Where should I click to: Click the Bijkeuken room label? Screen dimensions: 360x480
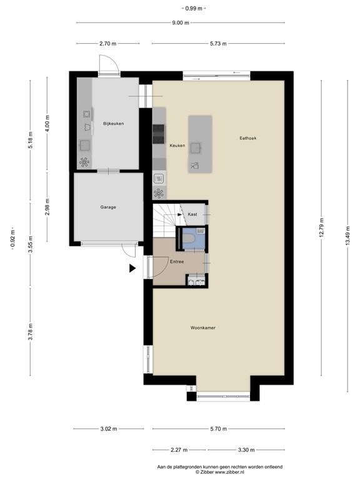(114, 124)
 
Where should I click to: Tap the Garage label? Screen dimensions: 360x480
(108, 207)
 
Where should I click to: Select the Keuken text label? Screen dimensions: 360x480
(177, 146)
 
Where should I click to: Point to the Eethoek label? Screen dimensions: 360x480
(248, 138)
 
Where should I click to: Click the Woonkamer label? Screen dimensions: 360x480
(203, 328)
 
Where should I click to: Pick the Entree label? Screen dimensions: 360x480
(177, 262)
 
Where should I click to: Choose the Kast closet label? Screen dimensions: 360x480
(192, 214)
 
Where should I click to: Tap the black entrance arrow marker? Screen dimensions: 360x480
(132, 269)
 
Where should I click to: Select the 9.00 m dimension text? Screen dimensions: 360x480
(180, 22)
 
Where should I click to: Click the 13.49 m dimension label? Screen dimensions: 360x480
(347, 236)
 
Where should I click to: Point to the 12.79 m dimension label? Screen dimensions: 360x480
(321, 227)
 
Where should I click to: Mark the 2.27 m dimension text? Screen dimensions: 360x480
(179, 450)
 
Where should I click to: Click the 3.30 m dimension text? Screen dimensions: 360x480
(246, 450)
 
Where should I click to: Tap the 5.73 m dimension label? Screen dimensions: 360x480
(218, 44)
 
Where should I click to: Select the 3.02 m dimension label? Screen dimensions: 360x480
(109, 429)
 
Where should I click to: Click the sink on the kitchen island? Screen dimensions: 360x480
(196, 148)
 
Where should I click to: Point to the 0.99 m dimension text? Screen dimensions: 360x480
(194, 9)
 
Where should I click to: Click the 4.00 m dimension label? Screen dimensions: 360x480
(47, 123)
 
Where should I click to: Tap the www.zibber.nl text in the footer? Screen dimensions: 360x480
(229, 472)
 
